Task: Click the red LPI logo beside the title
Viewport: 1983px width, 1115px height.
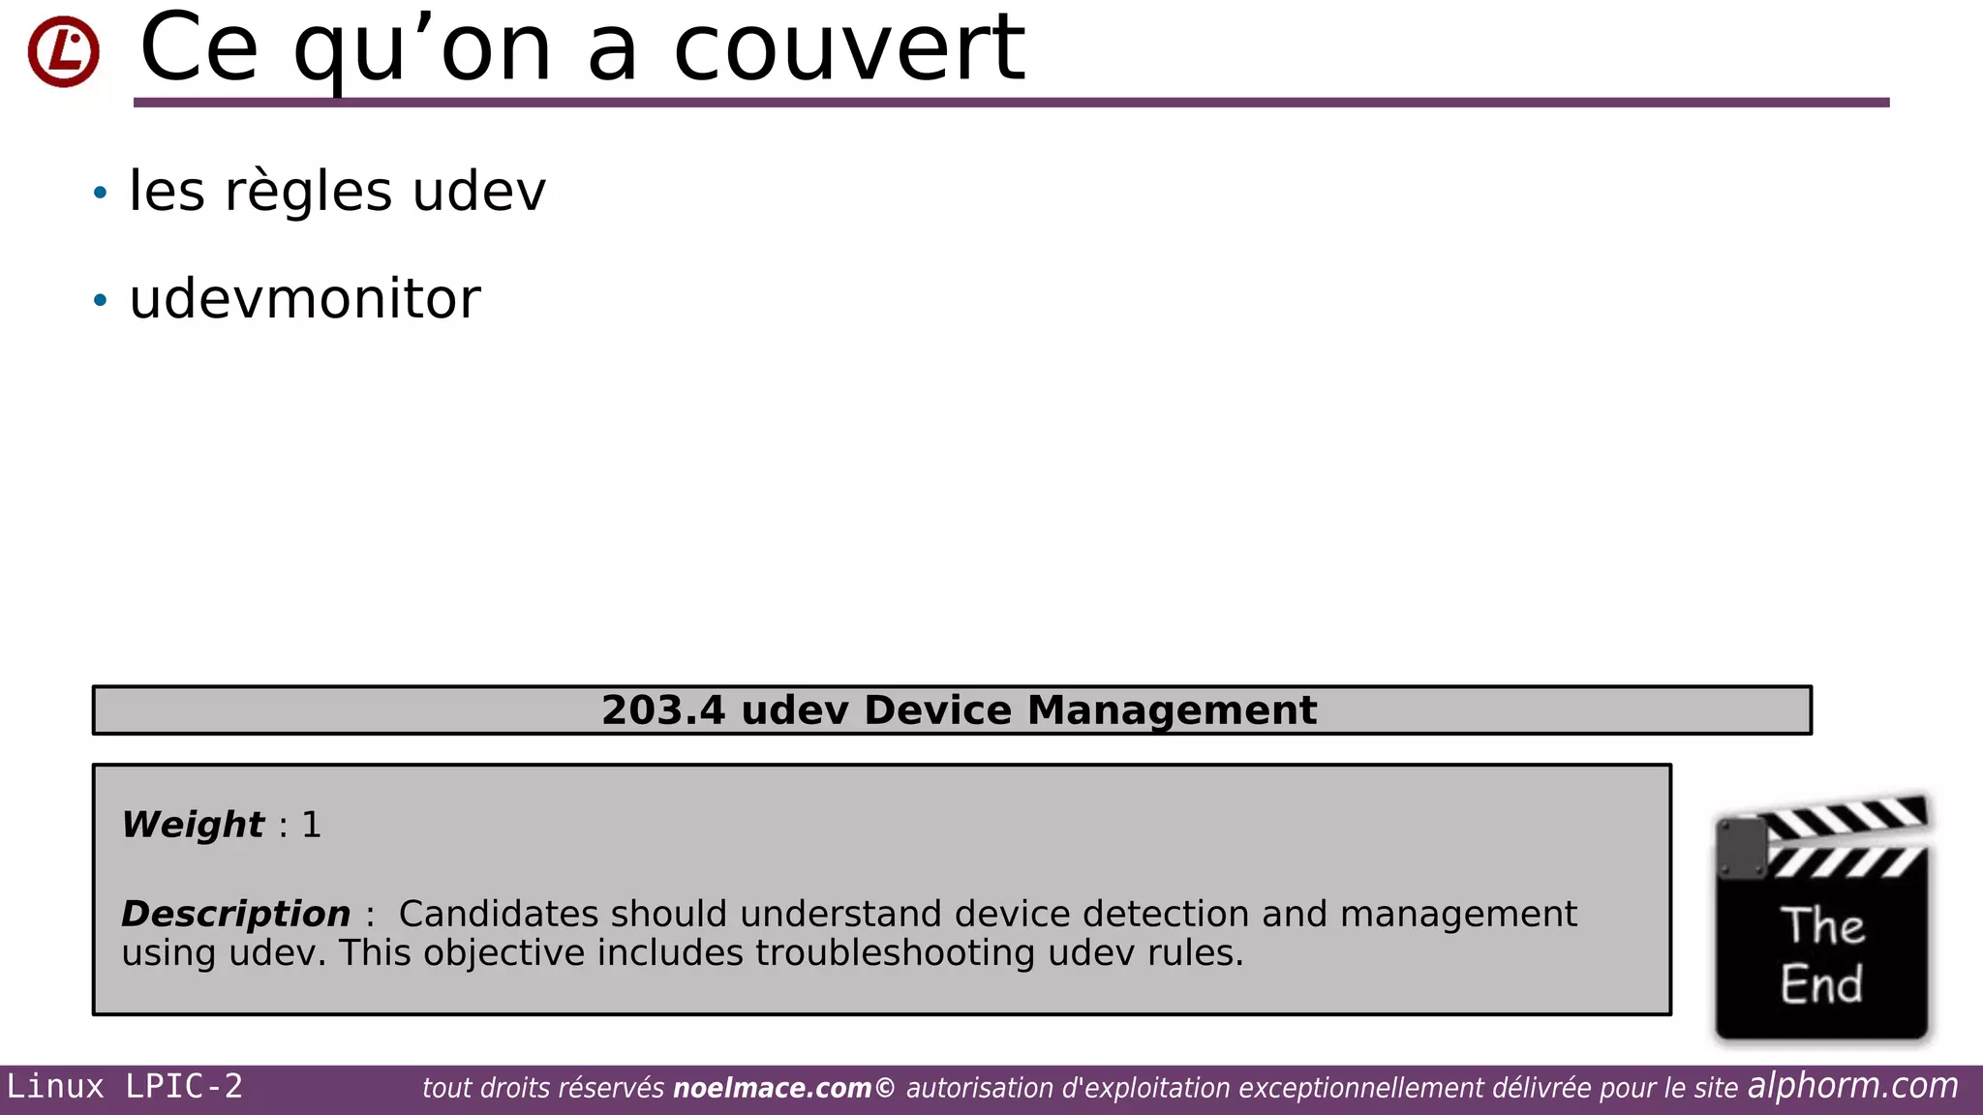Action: click(63, 51)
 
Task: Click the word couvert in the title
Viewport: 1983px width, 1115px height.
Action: click(848, 48)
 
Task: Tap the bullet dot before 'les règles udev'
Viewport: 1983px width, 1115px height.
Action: click(100, 193)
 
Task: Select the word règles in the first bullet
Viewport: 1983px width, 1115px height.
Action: click(308, 192)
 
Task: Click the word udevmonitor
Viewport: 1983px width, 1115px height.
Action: click(305, 299)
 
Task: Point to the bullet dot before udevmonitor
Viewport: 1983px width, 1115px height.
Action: click(100, 300)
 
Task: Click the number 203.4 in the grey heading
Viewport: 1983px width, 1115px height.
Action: click(662, 710)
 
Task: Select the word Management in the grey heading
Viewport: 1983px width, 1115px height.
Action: click(1172, 710)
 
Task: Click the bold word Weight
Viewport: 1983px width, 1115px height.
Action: click(193, 825)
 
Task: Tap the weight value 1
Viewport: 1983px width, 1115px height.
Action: click(311, 825)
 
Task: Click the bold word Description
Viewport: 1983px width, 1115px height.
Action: click(235, 914)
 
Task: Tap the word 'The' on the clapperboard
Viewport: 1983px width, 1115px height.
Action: click(1822, 926)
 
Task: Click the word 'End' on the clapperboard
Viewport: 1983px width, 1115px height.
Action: click(1821, 984)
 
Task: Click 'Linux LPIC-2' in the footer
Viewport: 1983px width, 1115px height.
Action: click(125, 1087)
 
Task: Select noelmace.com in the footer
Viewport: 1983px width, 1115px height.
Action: click(772, 1089)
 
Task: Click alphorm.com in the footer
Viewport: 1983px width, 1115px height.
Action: click(1852, 1086)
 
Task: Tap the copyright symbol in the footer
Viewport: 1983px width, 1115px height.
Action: click(885, 1088)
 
